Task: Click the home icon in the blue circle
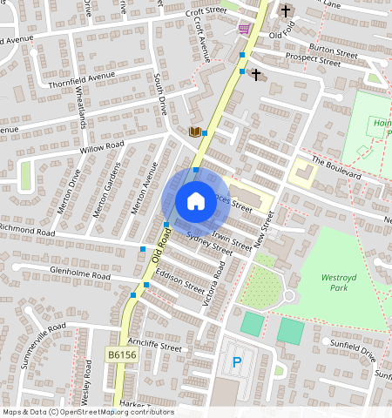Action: pyautogui.click(x=196, y=201)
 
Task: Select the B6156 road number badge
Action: pyautogui.click(x=123, y=355)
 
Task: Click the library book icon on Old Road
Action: pyautogui.click(x=195, y=131)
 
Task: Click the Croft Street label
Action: pyautogui.click(x=206, y=12)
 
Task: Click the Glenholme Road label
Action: pyautogui.click(x=81, y=274)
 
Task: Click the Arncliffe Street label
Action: pyautogui.click(x=153, y=346)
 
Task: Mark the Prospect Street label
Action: pyautogui.click(x=316, y=62)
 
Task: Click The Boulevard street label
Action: pyautogui.click(x=335, y=167)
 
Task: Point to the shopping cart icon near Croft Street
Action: pyautogui.click(x=243, y=29)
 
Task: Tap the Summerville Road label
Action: pyautogui.click(x=44, y=345)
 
